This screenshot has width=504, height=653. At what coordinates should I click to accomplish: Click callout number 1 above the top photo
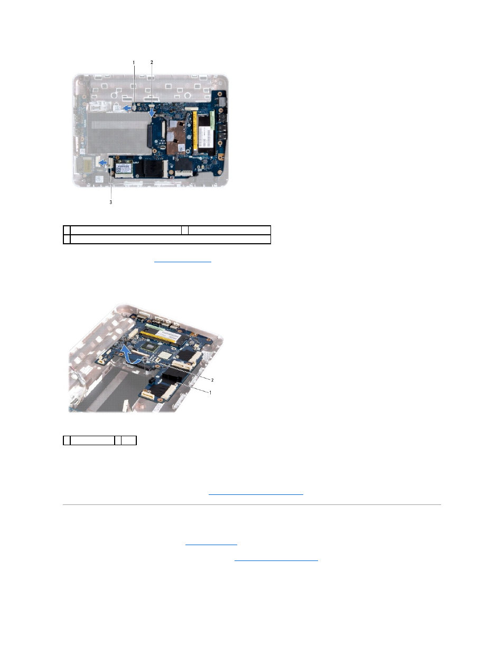pos(134,62)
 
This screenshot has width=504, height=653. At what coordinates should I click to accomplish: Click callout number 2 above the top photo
pos(152,62)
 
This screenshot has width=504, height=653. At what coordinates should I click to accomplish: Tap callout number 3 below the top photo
pos(111,202)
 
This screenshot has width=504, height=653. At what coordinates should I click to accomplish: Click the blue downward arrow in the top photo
pos(153,113)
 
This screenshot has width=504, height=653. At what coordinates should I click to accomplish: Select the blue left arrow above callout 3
pos(103,162)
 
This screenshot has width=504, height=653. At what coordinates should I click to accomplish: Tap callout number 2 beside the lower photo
pos(212,380)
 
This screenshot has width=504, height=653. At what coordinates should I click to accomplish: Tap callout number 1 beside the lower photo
pos(210,392)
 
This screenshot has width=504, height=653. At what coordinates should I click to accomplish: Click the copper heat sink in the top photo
pos(178,135)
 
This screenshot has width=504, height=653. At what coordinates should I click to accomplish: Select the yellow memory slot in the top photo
pos(195,131)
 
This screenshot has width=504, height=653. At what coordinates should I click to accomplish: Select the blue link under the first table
pos(182,261)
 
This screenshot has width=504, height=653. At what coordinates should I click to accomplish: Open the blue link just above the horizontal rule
pos(256,494)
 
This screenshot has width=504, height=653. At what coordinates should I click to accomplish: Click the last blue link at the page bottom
pos(276,560)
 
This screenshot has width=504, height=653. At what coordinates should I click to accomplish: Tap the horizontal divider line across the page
pos(252,505)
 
